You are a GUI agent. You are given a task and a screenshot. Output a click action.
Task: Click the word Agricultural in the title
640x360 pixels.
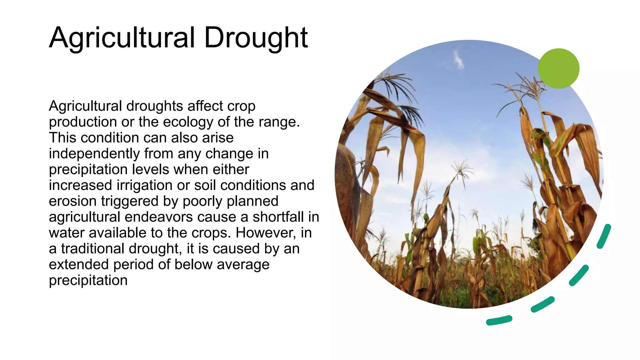(122, 37)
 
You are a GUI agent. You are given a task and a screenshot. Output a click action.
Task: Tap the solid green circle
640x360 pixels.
(558, 68)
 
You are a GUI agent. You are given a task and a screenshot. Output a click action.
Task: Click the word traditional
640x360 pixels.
(93, 249)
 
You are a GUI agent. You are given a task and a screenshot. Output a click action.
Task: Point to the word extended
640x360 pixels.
(79, 265)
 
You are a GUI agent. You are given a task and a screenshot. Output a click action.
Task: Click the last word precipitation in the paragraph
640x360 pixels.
(88, 280)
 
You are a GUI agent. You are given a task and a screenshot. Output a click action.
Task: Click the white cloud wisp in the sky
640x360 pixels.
(458, 59)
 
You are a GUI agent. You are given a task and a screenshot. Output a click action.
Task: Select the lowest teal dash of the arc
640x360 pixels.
(499, 320)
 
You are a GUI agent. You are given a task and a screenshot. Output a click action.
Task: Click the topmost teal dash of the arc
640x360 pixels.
(603, 236)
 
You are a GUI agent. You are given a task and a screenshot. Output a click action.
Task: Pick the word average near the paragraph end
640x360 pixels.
(243, 265)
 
